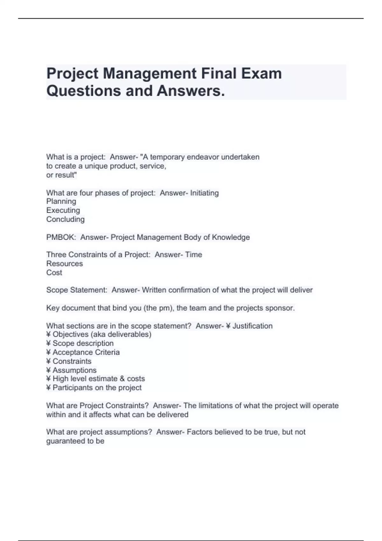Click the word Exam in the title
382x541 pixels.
pyautogui.click(x=261, y=74)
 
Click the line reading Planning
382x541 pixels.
pyautogui.click(x=61, y=201)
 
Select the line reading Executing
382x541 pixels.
pyautogui.click(x=63, y=210)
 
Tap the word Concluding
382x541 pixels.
pyautogui.click(x=65, y=219)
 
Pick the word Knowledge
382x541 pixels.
pyautogui.click(x=231, y=237)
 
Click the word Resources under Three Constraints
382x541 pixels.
pyautogui.click(x=64, y=263)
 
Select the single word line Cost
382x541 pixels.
pyautogui.click(x=54, y=272)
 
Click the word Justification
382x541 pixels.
pyautogui.click(x=252, y=326)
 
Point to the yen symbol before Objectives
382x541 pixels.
pyautogui.click(x=48, y=334)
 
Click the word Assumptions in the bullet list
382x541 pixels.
pyautogui.click(x=74, y=370)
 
